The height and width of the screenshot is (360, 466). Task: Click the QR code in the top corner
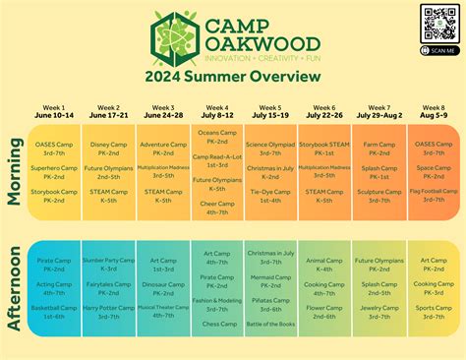(x=438, y=23)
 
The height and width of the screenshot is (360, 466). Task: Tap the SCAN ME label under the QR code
(x=438, y=49)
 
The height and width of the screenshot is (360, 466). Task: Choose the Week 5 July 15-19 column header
(x=271, y=111)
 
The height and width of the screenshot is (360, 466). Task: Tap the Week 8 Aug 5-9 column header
(x=434, y=111)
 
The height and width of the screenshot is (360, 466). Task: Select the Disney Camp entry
(x=109, y=144)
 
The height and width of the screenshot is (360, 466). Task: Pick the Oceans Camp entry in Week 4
(x=216, y=133)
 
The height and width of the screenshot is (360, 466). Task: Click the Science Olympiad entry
(x=271, y=144)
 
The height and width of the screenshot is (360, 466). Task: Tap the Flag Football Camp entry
(x=434, y=191)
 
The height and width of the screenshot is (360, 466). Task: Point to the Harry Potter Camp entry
(x=109, y=308)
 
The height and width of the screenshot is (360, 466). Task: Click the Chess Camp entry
(x=217, y=324)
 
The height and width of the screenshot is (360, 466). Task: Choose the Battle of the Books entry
(x=270, y=324)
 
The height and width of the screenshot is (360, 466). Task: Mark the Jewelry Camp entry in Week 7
(x=379, y=308)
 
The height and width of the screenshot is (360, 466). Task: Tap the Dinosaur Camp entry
(x=163, y=284)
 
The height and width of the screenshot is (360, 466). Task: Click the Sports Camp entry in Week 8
(x=434, y=308)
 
